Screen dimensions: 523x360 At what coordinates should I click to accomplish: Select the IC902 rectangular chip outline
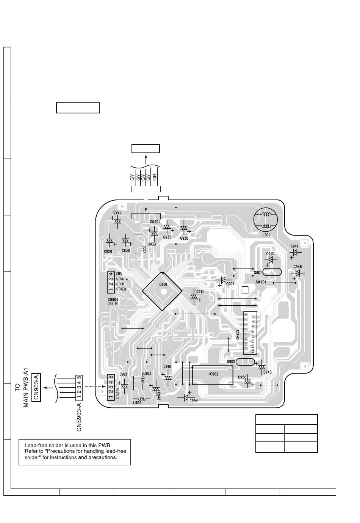pos(213,375)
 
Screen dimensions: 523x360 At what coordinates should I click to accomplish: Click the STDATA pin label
pos(122,279)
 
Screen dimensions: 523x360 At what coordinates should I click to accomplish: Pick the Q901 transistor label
pos(258,272)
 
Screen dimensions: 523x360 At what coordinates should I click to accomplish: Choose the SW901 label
pos(261,282)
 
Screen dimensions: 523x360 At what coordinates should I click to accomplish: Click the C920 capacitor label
pos(117,212)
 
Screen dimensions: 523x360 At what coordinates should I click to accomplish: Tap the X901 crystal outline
pos(138,243)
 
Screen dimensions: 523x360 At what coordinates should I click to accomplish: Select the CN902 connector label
pos(237,333)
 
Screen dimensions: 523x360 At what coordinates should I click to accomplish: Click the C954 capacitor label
pos(194,400)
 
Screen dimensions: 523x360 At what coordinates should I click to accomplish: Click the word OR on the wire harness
pos(155,177)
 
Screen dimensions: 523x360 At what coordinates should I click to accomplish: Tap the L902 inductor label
pos(137,403)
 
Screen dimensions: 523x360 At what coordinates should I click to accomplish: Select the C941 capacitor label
pos(294,246)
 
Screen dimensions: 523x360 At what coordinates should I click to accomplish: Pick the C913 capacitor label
pos(200,292)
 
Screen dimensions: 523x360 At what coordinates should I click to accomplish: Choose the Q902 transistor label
pos(231,361)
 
